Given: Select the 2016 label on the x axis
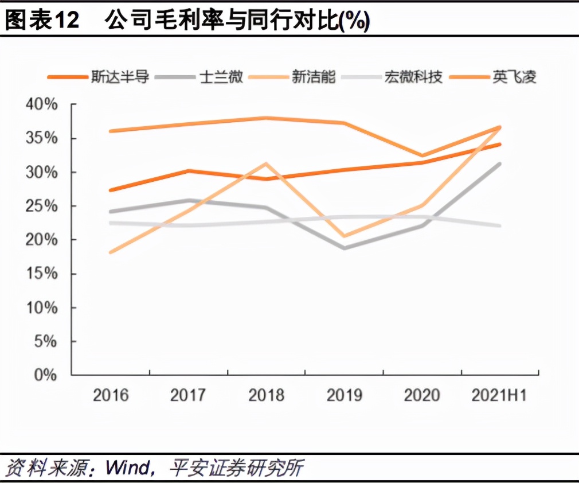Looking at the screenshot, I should tap(111, 395).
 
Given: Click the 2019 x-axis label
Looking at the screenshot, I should tap(344, 395).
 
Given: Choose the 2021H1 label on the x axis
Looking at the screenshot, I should tap(499, 395).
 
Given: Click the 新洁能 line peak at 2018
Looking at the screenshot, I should tap(266, 163).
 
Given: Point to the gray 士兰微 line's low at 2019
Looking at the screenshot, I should tap(344, 248).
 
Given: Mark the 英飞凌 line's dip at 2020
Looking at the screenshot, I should tap(422, 155).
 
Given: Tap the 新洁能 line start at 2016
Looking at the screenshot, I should tap(111, 252).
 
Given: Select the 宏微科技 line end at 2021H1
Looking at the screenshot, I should tap(500, 225).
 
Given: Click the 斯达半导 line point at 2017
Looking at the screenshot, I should tap(189, 171).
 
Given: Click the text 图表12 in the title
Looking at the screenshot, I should tap(41, 21).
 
